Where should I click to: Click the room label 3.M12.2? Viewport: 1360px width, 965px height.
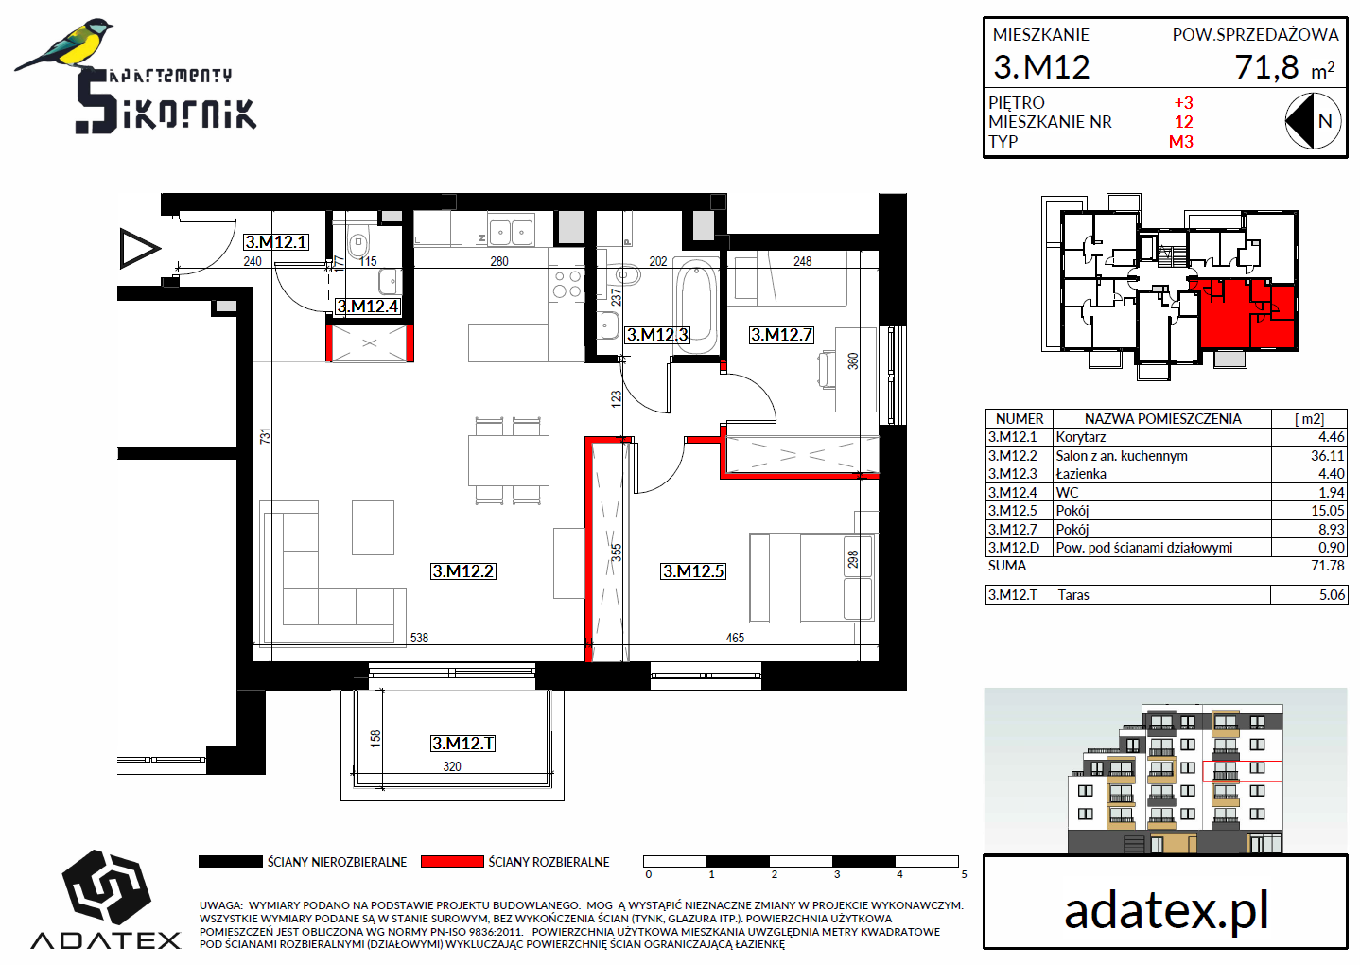click(463, 571)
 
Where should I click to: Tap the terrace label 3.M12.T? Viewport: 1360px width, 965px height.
click(463, 744)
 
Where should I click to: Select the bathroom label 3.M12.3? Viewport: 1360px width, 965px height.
click(657, 335)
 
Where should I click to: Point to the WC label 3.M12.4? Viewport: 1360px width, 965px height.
click(368, 307)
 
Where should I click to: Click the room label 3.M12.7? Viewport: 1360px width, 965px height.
click(781, 335)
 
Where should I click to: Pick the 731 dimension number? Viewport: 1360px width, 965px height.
click(265, 436)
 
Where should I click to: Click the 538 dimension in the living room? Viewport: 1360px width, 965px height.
click(419, 638)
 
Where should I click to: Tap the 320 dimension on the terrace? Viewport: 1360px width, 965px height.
click(452, 766)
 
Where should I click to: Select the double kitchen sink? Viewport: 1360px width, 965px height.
click(511, 231)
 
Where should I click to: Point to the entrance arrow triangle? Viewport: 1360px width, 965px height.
click(139, 248)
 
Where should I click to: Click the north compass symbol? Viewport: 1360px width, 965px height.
click(1313, 121)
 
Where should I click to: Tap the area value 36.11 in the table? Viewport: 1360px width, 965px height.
click(1327, 455)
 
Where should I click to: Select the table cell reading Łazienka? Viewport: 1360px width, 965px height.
click(1081, 474)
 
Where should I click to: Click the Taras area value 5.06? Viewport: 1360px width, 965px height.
click(1332, 594)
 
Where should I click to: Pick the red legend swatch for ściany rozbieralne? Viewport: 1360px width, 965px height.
click(452, 861)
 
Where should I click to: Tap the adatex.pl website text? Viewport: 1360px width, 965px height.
click(1166, 910)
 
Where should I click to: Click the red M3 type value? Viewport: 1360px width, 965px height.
click(1181, 142)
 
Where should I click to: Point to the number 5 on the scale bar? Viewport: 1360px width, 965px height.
click(964, 874)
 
